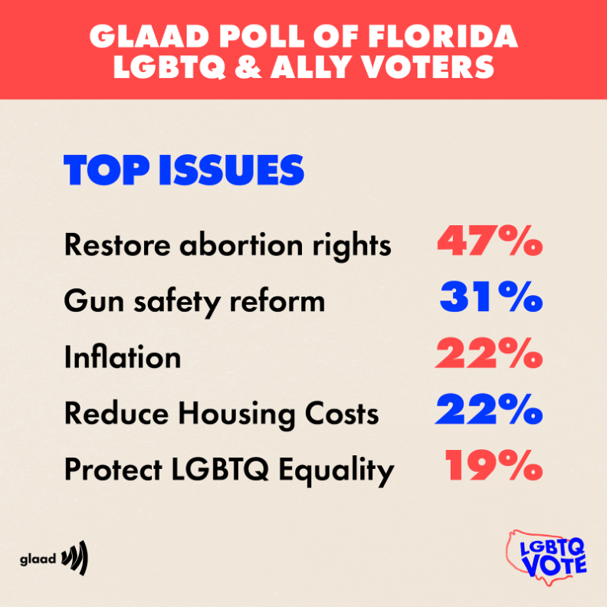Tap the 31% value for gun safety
491,299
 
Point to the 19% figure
494,467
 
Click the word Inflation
123,357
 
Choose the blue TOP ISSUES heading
184,171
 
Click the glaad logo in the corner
54,558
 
